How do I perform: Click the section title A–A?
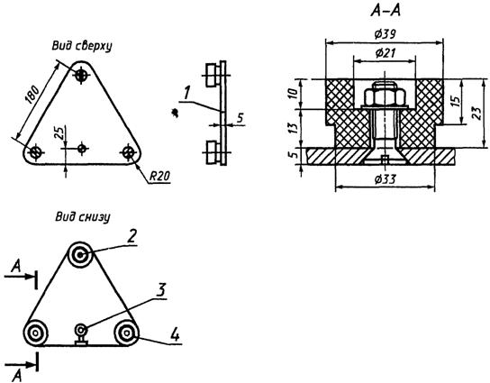click(x=386, y=11)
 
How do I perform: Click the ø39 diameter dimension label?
click(x=386, y=33)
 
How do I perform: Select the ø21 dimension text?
click(x=385, y=53)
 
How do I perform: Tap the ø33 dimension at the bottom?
click(x=386, y=179)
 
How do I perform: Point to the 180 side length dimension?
click(x=32, y=95)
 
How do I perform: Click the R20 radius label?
click(x=159, y=177)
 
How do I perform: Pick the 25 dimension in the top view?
click(x=61, y=132)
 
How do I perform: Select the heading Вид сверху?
click(x=82, y=46)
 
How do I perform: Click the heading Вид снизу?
click(x=83, y=216)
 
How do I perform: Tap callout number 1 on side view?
click(x=186, y=93)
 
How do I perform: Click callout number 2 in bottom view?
click(x=132, y=236)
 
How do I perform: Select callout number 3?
click(x=160, y=290)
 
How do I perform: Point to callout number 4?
click(x=176, y=335)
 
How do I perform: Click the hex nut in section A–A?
click(x=385, y=97)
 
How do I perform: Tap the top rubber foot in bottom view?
click(x=80, y=255)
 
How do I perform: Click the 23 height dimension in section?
click(x=476, y=114)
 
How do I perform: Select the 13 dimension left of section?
click(x=293, y=128)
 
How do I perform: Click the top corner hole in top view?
click(x=81, y=75)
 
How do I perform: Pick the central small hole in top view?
click(x=82, y=148)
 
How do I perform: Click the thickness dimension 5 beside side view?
click(x=240, y=117)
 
